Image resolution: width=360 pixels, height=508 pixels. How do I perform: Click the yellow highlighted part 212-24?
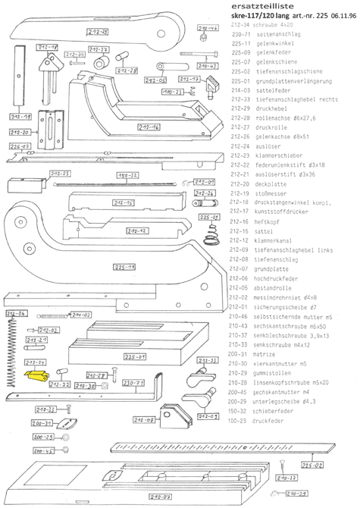[x=35, y=374]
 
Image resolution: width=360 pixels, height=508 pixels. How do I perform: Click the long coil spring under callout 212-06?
[x=10, y=356]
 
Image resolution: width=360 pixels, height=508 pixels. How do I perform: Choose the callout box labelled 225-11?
[x=125, y=267]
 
